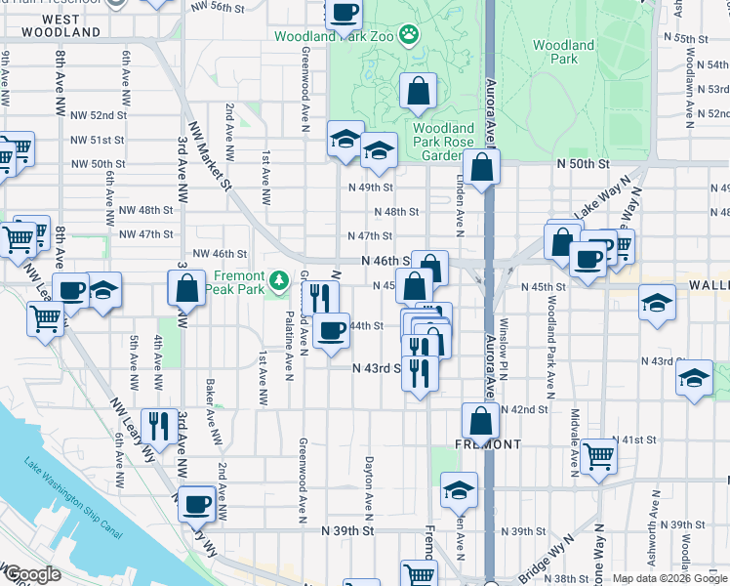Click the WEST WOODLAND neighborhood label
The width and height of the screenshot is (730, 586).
click(59, 25)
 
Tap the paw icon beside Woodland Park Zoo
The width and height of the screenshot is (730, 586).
click(408, 36)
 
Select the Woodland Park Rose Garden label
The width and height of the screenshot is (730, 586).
click(442, 142)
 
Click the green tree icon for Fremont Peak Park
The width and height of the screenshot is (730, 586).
click(280, 282)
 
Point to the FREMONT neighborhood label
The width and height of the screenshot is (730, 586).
click(488, 444)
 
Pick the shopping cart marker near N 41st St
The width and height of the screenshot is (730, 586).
click(598, 454)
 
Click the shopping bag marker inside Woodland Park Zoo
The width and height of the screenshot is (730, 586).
click(418, 92)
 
